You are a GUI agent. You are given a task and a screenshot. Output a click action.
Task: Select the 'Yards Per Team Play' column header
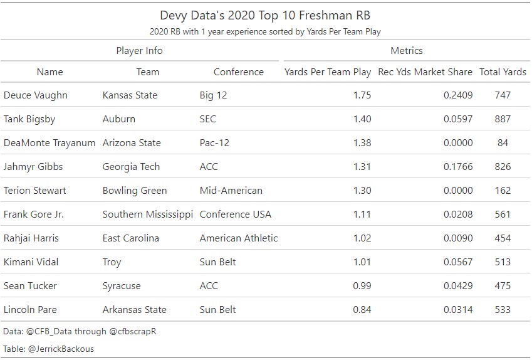[x=327, y=72]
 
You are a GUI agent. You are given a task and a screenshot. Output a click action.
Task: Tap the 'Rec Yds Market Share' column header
[x=425, y=72]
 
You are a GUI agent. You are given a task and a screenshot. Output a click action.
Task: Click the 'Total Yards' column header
[x=503, y=72]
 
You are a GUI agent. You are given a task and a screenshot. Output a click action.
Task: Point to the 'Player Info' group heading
[x=139, y=51]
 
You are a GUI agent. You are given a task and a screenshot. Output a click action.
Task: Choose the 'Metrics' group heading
[x=406, y=51]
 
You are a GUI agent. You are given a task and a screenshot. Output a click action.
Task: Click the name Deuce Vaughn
[x=35, y=95]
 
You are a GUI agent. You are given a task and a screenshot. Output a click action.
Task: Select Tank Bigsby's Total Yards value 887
[x=502, y=119]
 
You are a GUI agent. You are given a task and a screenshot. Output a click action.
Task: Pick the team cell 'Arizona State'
[x=132, y=143]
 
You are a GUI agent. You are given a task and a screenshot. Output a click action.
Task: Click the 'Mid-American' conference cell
[x=231, y=191]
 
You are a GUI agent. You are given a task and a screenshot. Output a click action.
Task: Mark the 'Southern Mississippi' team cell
[x=147, y=214]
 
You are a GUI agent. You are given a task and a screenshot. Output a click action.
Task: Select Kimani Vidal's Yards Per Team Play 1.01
[x=362, y=262]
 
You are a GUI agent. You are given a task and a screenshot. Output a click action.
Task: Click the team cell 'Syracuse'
[x=122, y=286]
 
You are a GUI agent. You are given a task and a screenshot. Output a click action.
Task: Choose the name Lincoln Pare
[x=33, y=310]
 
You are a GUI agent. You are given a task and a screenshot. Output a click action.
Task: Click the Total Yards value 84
[x=502, y=143]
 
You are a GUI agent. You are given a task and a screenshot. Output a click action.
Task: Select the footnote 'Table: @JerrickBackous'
[x=48, y=349]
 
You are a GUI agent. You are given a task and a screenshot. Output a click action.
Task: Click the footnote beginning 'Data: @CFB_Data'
[x=79, y=331]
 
